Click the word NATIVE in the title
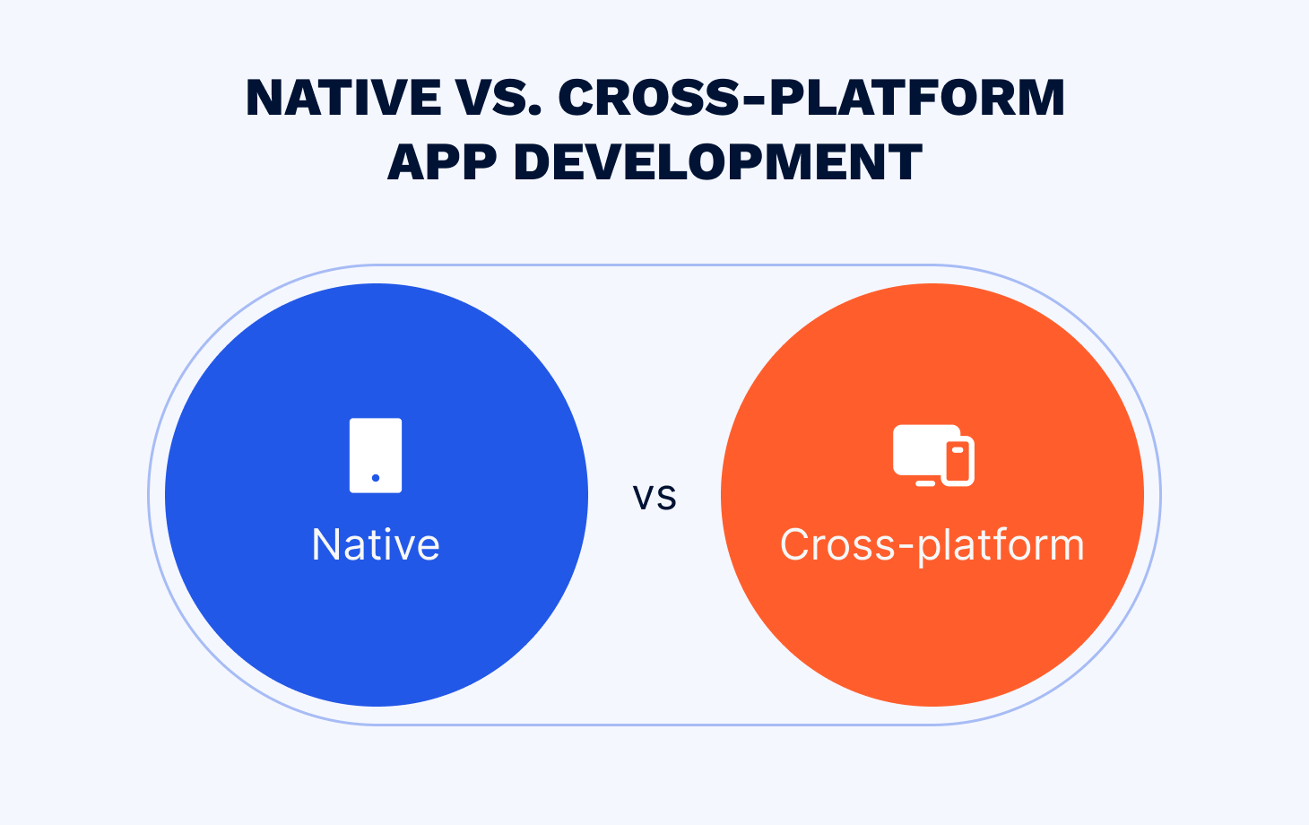343,97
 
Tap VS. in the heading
499,97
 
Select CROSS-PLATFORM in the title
811,97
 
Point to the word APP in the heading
442,161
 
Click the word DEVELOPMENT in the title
718,161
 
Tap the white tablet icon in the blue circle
376,456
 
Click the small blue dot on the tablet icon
376,478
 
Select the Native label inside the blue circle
376,544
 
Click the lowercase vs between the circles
654,499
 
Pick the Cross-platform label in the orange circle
932,546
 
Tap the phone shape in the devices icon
958,461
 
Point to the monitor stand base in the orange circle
925,483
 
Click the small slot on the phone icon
958,450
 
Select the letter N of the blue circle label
325,544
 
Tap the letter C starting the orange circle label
794,544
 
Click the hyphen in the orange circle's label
906,548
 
